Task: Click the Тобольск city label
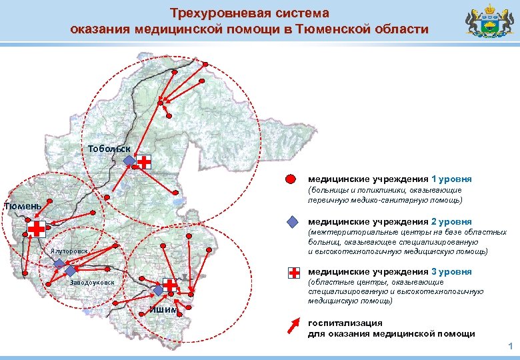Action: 105,148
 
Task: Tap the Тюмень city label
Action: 22,205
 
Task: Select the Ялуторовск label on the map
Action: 69,251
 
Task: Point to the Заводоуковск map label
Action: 92,283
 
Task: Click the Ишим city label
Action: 164,309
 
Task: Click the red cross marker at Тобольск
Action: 144,161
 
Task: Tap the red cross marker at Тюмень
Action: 37,229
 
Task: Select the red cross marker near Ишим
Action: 170,285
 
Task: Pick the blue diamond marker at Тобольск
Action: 129,161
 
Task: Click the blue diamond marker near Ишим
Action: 157,291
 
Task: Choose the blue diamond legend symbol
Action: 291,222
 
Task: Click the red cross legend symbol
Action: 293,273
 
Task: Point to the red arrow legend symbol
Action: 291,325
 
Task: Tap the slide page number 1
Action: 510,346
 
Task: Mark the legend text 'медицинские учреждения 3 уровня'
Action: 389,271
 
